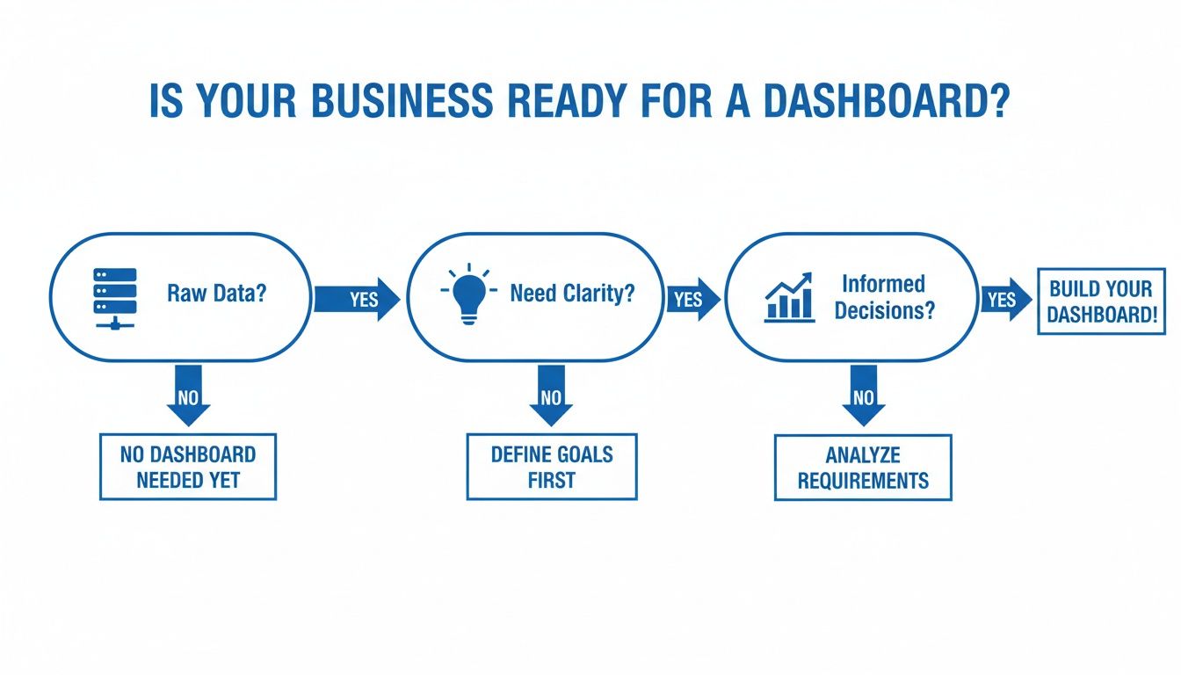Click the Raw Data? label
point(216,294)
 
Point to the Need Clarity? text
point(572,294)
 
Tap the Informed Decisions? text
point(884,297)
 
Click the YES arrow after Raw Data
point(357,299)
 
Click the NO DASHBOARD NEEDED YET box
point(188,467)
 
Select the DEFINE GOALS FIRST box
point(552,467)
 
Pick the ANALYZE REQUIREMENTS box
point(863,468)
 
